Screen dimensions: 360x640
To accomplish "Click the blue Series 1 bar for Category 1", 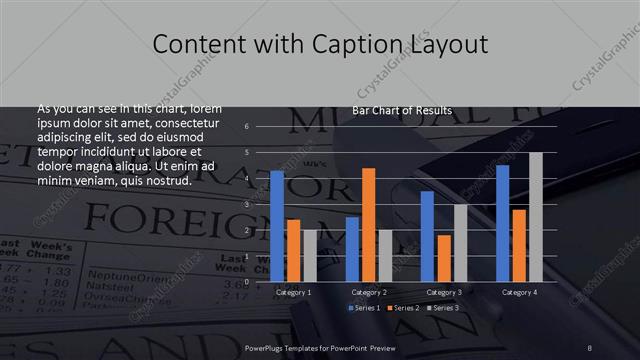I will (x=277, y=226).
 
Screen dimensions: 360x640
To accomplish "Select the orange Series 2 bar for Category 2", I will (x=369, y=225).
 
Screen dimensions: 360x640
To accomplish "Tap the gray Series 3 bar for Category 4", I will (x=536, y=217).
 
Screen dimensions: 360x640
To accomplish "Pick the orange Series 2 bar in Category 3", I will (x=444, y=258).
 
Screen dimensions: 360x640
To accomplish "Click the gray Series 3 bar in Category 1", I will (x=310, y=256).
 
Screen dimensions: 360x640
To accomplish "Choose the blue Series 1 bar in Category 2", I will (x=352, y=249).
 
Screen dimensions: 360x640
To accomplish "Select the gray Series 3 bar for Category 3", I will (x=460, y=243).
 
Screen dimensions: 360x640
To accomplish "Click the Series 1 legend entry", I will (x=364, y=308).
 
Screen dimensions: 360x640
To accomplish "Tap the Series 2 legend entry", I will (x=404, y=308).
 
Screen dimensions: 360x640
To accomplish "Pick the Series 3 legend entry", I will (x=444, y=308).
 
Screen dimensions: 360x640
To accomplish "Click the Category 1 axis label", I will (x=293, y=292).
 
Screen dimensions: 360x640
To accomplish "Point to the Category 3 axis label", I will (x=444, y=292).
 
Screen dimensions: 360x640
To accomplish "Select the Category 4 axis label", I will (x=519, y=292).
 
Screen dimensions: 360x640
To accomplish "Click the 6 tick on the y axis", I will (x=247, y=126).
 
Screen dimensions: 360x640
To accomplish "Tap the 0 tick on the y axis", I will (x=247, y=282).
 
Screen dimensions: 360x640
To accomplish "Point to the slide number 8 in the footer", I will (x=590, y=346).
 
